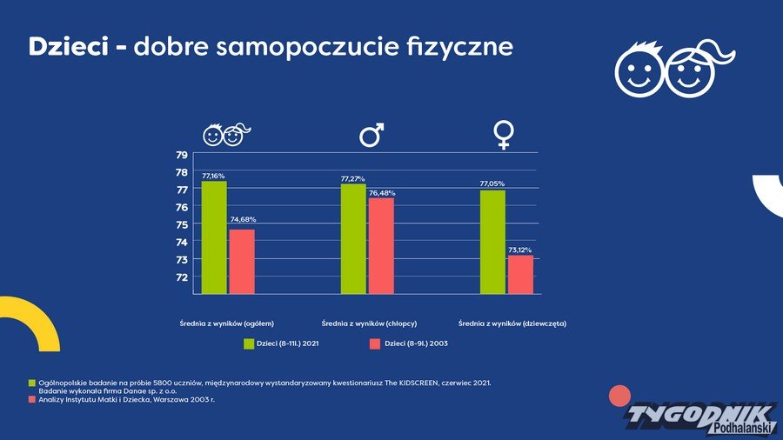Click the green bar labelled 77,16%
point(214,237)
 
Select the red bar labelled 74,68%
point(242,261)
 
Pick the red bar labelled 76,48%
point(381,246)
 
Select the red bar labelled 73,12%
point(520,274)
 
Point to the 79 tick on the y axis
point(182,155)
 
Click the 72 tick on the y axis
point(182,277)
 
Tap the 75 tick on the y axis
point(182,224)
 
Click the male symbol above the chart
point(371,135)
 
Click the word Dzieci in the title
point(66,47)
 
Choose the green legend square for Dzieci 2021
point(249,344)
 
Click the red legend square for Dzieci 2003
point(375,344)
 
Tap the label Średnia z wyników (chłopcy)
point(369,323)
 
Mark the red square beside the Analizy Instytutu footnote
point(32,400)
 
